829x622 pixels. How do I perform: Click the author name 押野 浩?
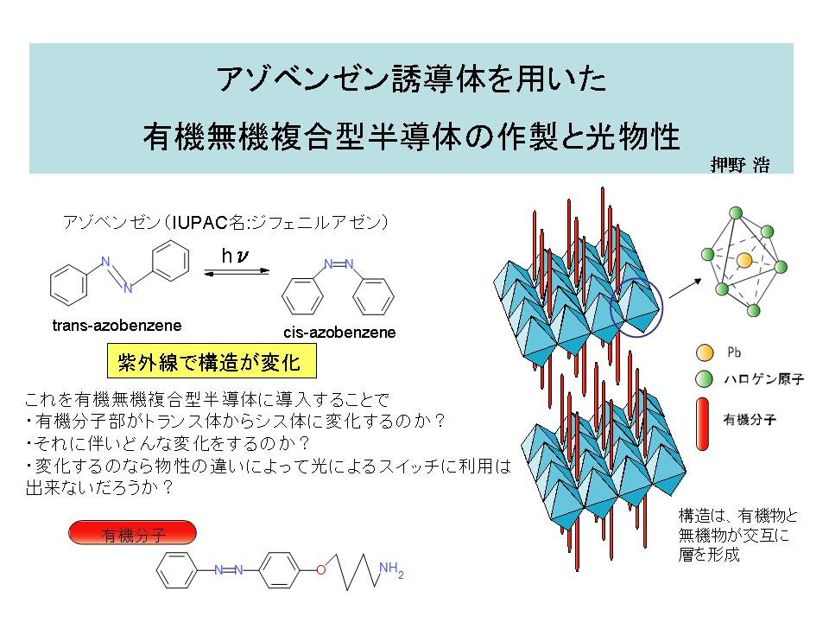tap(740, 165)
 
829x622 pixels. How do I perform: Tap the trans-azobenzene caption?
tap(117, 326)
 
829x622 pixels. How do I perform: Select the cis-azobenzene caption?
tap(339, 332)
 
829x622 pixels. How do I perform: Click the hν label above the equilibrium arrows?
tap(235, 256)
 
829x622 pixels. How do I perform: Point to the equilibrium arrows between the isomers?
tap(237, 272)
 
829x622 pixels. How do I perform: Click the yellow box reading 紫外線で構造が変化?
tap(212, 361)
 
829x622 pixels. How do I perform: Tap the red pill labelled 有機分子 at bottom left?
tap(133, 533)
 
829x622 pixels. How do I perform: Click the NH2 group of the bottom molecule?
tap(391, 569)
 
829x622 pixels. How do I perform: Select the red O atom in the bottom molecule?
tap(321, 570)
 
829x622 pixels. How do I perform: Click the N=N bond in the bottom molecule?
tap(229, 570)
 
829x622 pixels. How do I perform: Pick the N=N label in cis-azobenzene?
tap(339, 264)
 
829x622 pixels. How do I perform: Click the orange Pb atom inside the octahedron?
tap(744, 260)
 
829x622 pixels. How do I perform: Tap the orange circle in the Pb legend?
tap(705, 352)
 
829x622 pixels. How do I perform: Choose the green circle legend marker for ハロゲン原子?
tap(705, 378)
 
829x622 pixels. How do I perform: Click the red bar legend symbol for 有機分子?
tap(703, 424)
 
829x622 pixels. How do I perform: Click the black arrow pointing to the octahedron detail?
tap(685, 289)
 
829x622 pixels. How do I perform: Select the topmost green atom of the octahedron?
tap(736, 213)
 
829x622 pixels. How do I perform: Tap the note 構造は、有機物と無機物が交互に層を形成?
tap(738, 535)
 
